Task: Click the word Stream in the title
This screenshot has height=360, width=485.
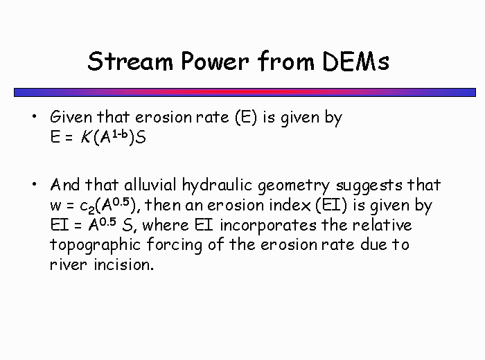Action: pyautogui.click(x=130, y=61)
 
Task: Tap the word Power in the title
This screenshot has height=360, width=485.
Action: pyautogui.click(x=215, y=61)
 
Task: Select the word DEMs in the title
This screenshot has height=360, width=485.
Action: pyautogui.click(x=355, y=61)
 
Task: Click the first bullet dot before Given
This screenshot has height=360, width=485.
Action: pyautogui.click(x=34, y=116)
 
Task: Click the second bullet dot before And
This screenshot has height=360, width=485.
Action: pyautogui.click(x=34, y=184)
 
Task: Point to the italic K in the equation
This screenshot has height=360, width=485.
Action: pyautogui.click(x=86, y=137)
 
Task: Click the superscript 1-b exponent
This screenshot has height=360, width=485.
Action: pyautogui.click(x=120, y=134)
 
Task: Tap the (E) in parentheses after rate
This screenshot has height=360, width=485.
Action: pyautogui.click(x=246, y=118)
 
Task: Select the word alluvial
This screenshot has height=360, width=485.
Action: pyautogui.click(x=150, y=185)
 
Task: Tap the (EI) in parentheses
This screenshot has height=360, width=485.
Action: pyautogui.click(x=331, y=206)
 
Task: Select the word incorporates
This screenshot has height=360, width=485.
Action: pyautogui.click(x=268, y=226)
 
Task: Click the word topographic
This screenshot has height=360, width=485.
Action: pyautogui.click(x=96, y=246)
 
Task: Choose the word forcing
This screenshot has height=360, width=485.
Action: pyautogui.click(x=174, y=246)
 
